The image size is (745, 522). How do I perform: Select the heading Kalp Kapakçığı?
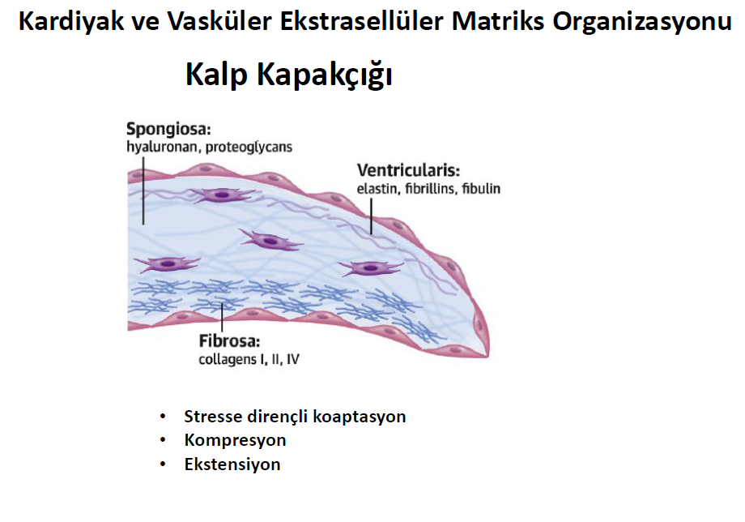pos(289,75)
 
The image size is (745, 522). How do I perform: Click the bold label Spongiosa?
pos(168,130)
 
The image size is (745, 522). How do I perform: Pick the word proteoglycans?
pos(249,147)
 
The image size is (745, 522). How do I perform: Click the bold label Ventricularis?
pos(409,170)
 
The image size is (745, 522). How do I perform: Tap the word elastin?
pos(377,189)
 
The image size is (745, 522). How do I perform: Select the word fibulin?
pos(481,189)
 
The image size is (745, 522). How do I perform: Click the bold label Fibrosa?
pos(229,341)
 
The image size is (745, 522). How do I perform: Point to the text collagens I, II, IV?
pos(249,359)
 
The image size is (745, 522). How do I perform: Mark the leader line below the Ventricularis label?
pos(371,216)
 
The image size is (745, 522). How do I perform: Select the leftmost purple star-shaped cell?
pos(167,264)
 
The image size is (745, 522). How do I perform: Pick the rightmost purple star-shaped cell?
pos(371,268)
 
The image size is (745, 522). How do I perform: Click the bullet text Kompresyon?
pos(235,440)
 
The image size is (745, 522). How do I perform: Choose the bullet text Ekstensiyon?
pos(232,464)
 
